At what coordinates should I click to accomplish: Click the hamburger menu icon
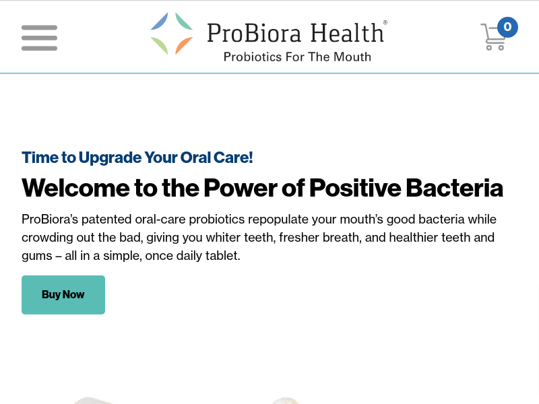tap(39, 38)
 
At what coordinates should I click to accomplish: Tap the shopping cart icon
tap(493, 37)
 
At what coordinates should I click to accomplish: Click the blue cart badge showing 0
tap(507, 27)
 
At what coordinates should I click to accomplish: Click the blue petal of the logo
tap(160, 21)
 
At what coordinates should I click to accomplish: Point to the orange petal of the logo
tap(183, 46)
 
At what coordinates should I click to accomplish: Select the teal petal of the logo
tap(183, 21)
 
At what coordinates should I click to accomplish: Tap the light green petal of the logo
tap(160, 46)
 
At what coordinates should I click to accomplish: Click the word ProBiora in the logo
tap(254, 33)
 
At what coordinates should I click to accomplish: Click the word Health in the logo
tap(347, 32)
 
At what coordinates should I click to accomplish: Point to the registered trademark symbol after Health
tap(385, 23)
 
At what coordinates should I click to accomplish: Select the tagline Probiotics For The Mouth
tap(297, 57)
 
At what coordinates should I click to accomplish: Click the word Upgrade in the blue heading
tap(110, 158)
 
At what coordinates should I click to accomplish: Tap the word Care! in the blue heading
tap(233, 158)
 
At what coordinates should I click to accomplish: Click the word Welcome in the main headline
tap(75, 188)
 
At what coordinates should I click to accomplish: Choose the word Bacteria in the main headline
tap(454, 188)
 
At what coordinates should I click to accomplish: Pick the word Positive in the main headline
tap(355, 188)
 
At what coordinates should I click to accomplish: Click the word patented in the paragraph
tap(106, 220)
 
